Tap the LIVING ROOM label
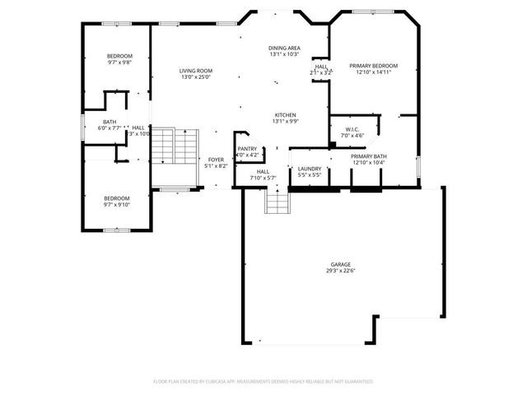click(196, 72)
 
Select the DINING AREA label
click(284, 49)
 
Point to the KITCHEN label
click(286, 115)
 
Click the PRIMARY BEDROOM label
click(373, 66)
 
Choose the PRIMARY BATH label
click(368, 156)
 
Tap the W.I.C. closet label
click(352, 128)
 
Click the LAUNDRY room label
click(310, 169)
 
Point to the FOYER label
click(216, 160)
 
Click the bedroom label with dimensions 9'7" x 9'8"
click(119, 56)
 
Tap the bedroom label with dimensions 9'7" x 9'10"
click(116, 197)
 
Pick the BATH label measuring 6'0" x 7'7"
click(110, 122)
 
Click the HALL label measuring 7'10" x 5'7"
click(263, 171)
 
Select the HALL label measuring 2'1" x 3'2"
click(321, 67)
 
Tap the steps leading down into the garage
click(277, 201)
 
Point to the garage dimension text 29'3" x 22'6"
click(341, 271)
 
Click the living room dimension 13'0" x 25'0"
click(196, 77)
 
